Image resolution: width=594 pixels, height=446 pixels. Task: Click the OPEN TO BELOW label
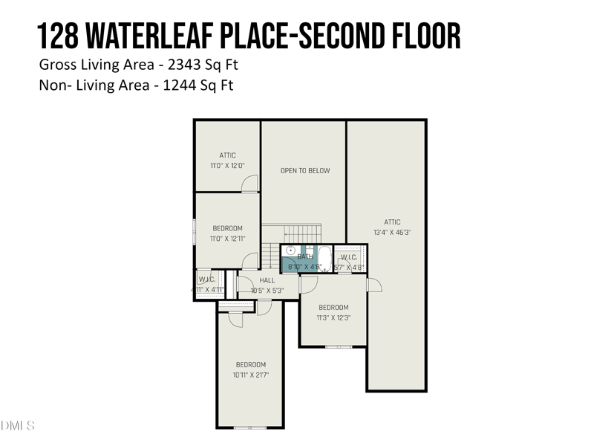(305, 171)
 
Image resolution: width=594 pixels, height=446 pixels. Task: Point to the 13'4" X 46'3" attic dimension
(392, 232)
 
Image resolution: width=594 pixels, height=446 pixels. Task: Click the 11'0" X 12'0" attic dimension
(227, 166)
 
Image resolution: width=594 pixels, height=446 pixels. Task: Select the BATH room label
(305, 256)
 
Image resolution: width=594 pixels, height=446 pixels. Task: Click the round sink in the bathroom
(290, 251)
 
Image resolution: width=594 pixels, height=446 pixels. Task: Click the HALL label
(267, 280)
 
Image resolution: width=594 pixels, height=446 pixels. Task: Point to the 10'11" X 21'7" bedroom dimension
(251, 375)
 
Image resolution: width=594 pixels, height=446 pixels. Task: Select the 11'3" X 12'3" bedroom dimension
(333, 317)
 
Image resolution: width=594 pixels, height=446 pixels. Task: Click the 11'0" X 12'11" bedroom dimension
(227, 239)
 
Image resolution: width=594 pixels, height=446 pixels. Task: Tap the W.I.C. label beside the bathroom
(348, 257)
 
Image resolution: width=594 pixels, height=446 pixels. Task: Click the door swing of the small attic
(252, 184)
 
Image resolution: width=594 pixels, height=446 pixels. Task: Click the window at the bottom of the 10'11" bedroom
(249, 427)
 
